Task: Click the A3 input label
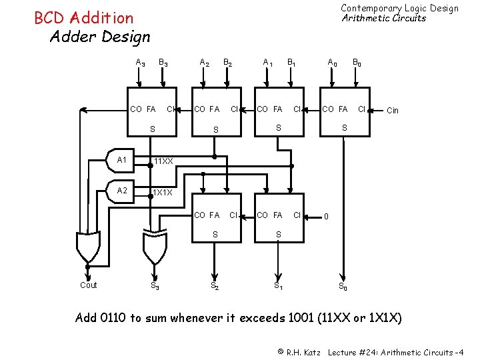(141, 63)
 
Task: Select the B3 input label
(163, 63)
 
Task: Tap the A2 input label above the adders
(205, 63)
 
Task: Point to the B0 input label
(358, 63)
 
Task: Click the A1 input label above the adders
(268, 63)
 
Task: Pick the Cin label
(393, 111)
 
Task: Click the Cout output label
(88, 285)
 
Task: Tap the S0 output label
(342, 287)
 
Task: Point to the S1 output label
(278, 287)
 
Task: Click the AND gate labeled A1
(124, 161)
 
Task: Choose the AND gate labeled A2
(124, 191)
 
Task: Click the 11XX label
(163, 161)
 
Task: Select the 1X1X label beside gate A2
(163, 193)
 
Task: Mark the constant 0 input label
(326, 216)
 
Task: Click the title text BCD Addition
(83, 18)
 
